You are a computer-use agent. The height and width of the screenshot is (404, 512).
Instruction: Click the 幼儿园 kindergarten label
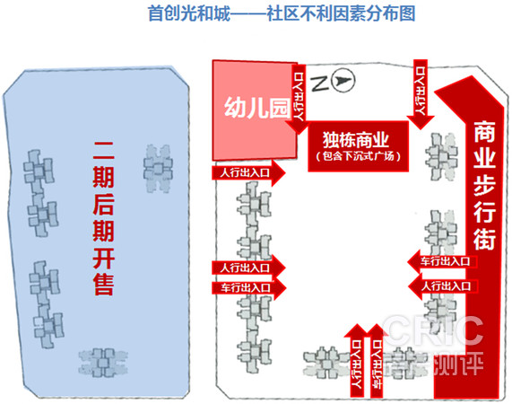tap(257, 108)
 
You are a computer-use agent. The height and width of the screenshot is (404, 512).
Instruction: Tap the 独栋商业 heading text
tap(356, 139)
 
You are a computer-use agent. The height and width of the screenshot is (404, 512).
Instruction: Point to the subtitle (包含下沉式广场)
tap(358, 156)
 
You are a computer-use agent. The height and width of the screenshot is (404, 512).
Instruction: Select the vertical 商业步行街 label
tap(484, 185)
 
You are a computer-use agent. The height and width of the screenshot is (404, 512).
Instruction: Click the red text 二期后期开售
tap(103, 218)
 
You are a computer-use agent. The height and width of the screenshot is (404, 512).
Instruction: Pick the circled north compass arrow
tap(343, 81)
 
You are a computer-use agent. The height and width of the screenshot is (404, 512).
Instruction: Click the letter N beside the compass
tap(320, 83)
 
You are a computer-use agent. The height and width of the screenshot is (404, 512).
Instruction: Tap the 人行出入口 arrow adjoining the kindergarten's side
tap(298, 99)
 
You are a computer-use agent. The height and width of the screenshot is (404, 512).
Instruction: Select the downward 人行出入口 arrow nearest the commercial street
tap(421, 94)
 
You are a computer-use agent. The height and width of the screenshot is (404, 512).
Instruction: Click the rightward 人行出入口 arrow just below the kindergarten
tap(248, 172)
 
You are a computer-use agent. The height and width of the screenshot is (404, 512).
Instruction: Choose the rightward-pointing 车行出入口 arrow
tap(249, 287)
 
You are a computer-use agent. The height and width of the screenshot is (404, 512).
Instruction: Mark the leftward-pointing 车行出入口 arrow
tap(442, 261)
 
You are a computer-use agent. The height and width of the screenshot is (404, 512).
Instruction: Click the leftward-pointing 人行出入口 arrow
tap(442, 286)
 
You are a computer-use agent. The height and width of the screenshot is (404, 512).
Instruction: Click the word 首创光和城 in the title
tap(189, 13)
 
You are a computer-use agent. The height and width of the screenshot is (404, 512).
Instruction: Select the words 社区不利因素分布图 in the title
tap(341, 13)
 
